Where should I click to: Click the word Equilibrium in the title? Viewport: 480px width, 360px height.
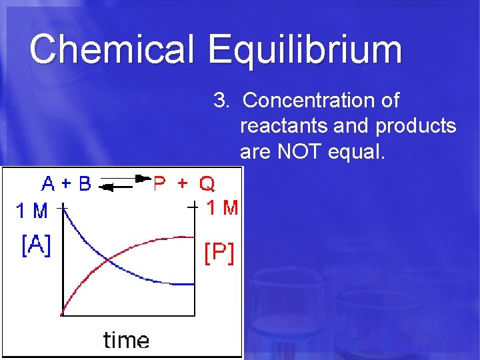coord(305,51)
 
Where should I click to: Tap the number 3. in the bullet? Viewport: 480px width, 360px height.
coord(221,101)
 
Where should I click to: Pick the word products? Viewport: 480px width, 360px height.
coord(416,126)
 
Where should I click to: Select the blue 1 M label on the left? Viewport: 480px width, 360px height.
coord(31,211)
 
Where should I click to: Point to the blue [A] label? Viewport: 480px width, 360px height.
coord(36,246)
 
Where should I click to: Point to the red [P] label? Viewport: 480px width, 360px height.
coord(219,253)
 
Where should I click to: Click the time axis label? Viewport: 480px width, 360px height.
coord(126,340)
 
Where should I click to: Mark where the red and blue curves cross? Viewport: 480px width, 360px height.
coord(108,260)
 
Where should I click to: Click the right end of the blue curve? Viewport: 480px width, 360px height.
coord(193,284)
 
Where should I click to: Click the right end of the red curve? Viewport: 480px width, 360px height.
coord(193,237)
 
